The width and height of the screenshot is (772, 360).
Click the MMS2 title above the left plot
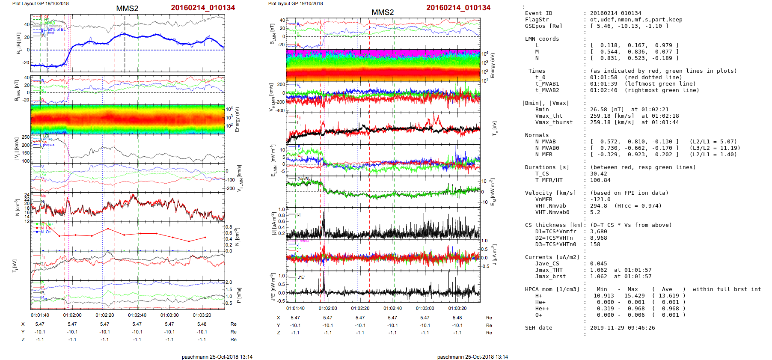click(x=127, y=9)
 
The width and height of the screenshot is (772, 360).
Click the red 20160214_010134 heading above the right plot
click(x=458, y=8)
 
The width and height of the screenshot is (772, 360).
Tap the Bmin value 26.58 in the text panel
click(x=598, y=110)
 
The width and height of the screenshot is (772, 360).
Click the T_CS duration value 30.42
click(x=598, y=174)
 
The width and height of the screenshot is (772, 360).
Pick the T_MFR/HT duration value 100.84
click(x=600, y=180)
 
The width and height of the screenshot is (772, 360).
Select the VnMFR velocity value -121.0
click(x=600, y=199)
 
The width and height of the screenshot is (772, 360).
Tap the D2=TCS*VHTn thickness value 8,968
click(x=598, y=238)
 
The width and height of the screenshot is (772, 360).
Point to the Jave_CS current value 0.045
click(x=598, y=264)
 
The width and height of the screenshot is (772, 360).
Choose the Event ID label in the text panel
click(x=538, y=13)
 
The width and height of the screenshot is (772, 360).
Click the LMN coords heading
click(x=542, y=39)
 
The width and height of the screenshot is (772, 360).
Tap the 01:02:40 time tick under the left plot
click(x=137, y=315)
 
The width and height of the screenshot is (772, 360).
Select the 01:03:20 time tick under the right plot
click(x=457, y=308)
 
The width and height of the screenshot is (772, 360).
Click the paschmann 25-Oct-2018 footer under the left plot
click(x=217, y=357)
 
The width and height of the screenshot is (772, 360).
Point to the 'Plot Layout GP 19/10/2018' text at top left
click(x=40, y=3)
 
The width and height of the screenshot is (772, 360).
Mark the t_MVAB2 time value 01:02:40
click(x=603, y=90)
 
